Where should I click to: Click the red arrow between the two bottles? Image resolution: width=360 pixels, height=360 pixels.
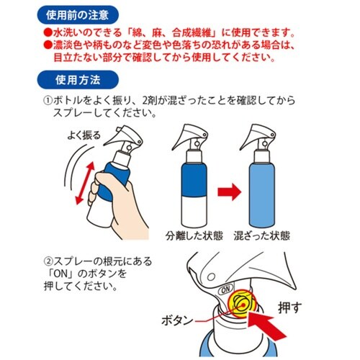[x=229, y=193]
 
